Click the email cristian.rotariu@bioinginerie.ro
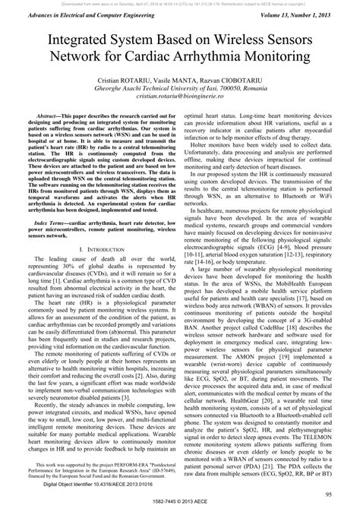(x=179, y=96)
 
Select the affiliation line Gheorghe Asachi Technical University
(x=179, y=88)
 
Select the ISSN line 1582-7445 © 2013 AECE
(x=180, y=504)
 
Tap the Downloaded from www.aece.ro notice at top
(x=180, y=3)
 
